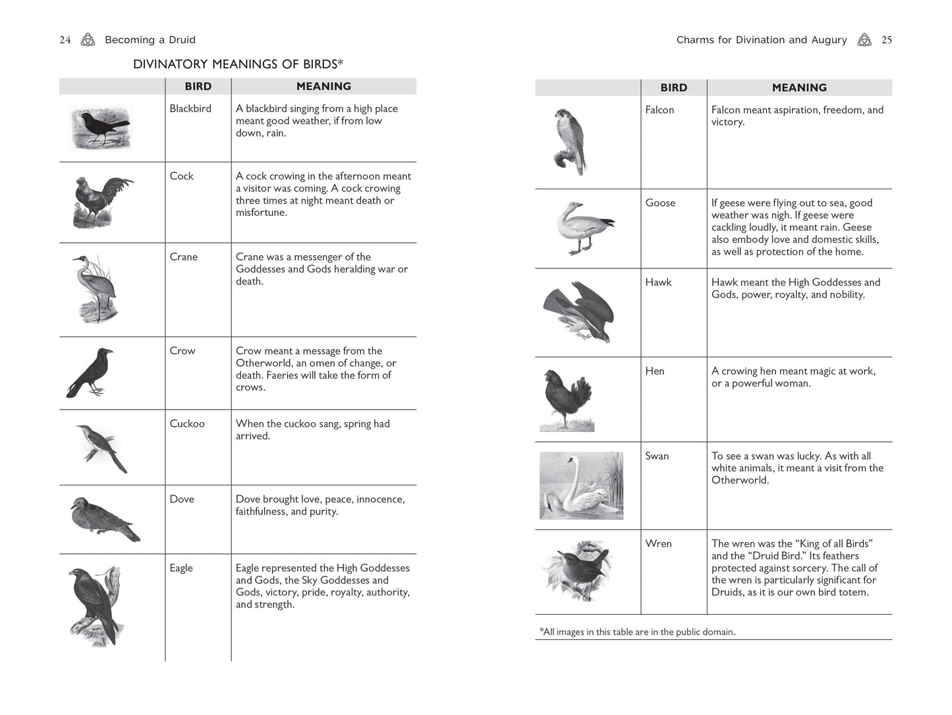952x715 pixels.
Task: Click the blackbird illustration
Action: (100, 127)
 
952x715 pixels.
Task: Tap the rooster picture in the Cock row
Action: (100, 202)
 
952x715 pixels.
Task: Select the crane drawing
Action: (96, 289)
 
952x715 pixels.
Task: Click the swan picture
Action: (580, 485)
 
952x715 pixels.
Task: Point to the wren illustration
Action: (578, 571)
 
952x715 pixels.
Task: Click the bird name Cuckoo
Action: (187, 424)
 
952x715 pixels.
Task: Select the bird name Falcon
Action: (659, 110)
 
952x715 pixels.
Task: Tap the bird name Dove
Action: (182, 499)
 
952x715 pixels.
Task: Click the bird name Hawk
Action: (658, 282)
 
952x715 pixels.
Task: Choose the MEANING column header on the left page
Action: (323, 86)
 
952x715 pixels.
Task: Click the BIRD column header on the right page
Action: (673, 88)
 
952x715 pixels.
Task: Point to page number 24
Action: (65, 40)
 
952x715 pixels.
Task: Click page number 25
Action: (887, 40)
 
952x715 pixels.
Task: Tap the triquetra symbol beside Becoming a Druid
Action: (88, 40)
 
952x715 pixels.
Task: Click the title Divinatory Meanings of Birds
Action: (238, 64)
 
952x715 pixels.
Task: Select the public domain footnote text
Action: (637, 632)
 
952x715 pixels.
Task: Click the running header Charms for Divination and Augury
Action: (761, 40)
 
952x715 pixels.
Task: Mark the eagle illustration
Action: (95, 606)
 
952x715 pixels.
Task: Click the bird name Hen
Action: (655, 371)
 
